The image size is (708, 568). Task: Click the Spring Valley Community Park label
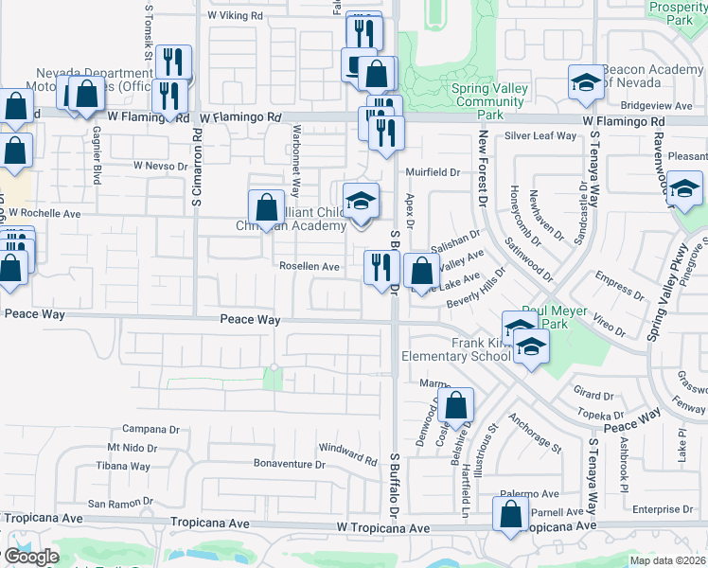pos(489,101)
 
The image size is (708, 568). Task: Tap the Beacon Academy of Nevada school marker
pos(586,82)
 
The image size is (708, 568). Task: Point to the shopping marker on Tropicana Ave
pos(510,515)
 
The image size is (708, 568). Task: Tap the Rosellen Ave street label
pos(309,267)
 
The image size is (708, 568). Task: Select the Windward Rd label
pos(348,453)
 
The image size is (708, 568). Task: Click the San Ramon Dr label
pos(119,504)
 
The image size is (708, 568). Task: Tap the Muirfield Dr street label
pos(432,172)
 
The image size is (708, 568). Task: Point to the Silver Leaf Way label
pos(540,136)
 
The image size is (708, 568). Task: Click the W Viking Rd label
pos(238,16)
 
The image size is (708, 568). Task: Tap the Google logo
pos(31,557)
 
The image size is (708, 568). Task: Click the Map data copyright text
pos(668,560)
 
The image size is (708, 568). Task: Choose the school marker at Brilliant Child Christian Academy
pos(360,201)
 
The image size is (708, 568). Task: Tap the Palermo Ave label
pos(531,494)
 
